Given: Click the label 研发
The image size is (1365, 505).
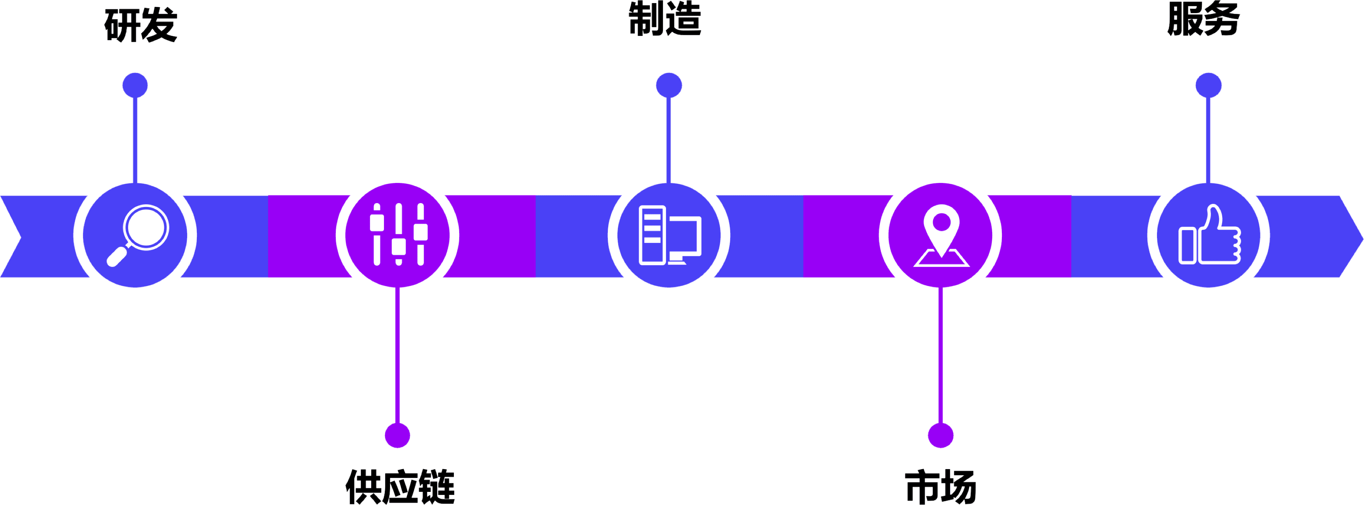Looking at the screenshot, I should click(140, 25).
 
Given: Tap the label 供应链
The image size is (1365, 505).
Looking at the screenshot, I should click(400, 486).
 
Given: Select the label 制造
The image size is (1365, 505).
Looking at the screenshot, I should click(665, 20).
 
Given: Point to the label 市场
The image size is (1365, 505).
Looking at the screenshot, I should click(940, 486).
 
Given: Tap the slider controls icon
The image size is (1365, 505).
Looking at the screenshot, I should click(399, 234).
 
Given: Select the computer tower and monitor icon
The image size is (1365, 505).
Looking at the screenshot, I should click(669, 235).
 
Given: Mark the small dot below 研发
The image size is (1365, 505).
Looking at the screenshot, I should click(135, 85).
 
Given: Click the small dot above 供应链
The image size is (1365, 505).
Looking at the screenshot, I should click(397, 435).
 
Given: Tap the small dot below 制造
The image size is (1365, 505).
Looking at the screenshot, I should click(669, 85).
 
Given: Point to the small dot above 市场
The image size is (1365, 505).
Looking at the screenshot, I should click(940, 435).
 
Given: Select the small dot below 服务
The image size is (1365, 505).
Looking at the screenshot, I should click(1208, 85).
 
